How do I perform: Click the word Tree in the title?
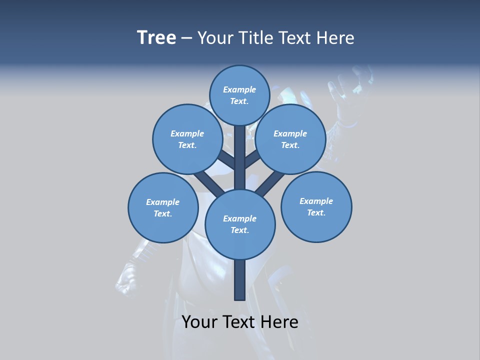(156, 38)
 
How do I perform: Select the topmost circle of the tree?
(239, 95)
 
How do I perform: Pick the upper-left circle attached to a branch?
(187, 139)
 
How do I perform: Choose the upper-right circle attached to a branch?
(290, 139)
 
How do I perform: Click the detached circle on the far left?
(162, 207)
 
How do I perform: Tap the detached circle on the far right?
(316, 206)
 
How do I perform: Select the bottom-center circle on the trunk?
(239, 224)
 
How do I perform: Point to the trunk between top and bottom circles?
(239, 157)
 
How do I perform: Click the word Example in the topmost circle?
(239, 89)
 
